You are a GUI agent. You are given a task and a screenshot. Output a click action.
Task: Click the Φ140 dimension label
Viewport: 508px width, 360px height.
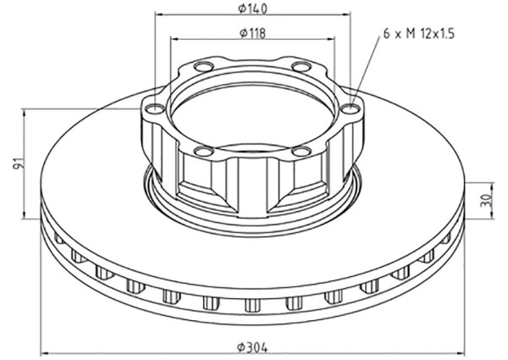[x=252, y=8]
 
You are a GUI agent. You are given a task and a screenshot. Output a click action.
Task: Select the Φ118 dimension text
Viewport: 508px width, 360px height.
[x=252, y=33]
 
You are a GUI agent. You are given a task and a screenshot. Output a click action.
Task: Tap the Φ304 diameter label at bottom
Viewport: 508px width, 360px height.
[x=252, y=348]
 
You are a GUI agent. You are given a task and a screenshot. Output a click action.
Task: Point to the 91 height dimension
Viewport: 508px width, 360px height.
[x=20, y=163]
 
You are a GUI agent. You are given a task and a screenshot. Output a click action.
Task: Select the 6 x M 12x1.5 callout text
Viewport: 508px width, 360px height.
[x=419, y=33]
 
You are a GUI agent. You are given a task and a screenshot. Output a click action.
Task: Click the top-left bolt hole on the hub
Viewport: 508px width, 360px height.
[x=203, y=67]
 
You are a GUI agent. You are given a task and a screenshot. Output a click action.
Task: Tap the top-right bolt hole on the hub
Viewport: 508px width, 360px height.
[x=301, y=67]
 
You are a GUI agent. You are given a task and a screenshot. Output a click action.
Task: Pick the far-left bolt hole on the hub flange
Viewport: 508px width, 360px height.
[x=155, y=108]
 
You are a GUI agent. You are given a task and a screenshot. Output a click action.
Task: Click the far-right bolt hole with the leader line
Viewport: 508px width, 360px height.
[x=351, y=108]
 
